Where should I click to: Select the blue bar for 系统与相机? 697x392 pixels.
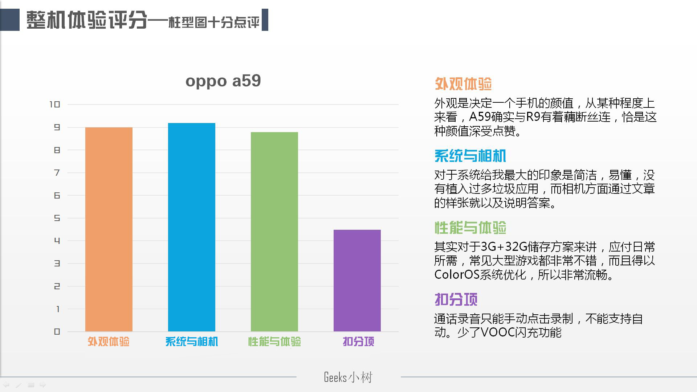pyautogui.click(x=192, y=227)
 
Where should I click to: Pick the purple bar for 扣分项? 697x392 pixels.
pyautogui.click(x=357, y=281)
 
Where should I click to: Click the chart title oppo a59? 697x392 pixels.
pyautogui.click(x=223, y=81)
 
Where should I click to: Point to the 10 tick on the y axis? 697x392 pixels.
pyautogui.click(x=55, y=105)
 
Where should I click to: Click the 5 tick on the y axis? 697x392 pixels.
pyautogui.click(x=57, y=218)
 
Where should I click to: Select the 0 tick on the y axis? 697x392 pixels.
pyautogui.click(x=57, y=332)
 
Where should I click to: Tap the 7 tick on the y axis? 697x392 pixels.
pyautogui.click(x=57, y=173)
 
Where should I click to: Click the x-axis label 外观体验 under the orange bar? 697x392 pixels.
pyautogui.click(x=109, y=342)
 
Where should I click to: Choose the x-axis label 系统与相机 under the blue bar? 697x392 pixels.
pyautogui.click(x=192, y=342)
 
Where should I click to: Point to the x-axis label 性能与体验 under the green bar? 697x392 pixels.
pyautogui.click(x=274, y=342)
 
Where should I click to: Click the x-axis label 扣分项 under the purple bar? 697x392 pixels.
pyautogui.click(x=358, y=342)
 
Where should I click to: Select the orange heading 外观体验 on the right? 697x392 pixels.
pyautogui.click(x=463, y=84)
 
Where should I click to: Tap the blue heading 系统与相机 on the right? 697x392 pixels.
pyautogui.click(x=470, y=156)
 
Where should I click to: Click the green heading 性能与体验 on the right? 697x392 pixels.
pyautogui.click(x=470, y=228)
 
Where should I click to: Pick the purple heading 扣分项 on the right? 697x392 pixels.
pyautogui.click(x=456, y=299)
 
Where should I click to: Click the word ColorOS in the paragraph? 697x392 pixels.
pyautogui.click(x=457, y=275)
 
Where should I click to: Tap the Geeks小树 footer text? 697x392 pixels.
pyautogui.click(x=348, y=377)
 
